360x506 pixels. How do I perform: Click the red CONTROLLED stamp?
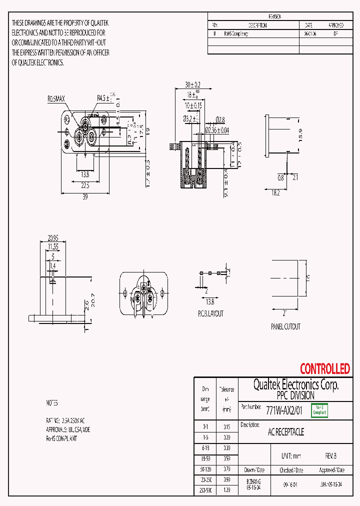324,369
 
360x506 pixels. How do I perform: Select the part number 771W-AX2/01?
284,410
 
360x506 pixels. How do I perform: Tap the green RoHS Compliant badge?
319,410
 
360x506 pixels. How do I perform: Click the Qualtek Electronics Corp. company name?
295,384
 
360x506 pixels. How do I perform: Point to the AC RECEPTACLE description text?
286,431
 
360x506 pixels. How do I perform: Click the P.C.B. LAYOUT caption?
210,313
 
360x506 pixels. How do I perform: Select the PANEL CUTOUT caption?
285,326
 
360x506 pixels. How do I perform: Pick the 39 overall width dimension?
85,197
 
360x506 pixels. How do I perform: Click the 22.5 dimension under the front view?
85,185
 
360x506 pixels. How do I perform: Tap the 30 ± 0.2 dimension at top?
192,84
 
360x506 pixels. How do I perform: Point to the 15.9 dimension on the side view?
300,135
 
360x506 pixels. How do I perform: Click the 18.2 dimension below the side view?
275,193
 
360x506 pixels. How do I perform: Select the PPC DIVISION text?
295,395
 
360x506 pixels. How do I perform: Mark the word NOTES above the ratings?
52,402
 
